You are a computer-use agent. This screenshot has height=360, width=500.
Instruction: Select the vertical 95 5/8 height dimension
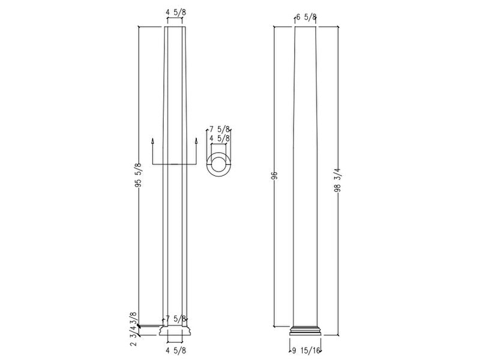(139, 176)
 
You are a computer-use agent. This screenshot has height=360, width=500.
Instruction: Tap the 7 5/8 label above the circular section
(220, 128)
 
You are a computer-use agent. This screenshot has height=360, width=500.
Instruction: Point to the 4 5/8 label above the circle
(220, 138)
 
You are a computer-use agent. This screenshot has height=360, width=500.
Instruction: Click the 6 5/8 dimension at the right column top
(306, 17)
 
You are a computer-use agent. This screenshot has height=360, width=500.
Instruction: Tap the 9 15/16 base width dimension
(306, 351)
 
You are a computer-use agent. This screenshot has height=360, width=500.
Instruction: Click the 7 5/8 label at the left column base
(176, 319)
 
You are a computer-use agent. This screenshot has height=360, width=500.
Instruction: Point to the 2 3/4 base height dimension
(134, 336)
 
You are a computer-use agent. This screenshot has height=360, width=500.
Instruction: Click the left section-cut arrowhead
(154, 142)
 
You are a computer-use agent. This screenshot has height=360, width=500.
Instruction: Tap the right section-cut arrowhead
(196, 142)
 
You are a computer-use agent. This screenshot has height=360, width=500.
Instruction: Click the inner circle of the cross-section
(219, 164)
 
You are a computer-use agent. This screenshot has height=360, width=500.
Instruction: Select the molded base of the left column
(175, 331)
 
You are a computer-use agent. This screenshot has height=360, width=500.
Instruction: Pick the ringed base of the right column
(306, 331)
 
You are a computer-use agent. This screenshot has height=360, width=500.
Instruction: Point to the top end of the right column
(306, 28)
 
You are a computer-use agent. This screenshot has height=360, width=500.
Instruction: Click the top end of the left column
(175, 28)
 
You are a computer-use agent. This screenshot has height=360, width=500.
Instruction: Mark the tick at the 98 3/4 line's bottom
(338, 335)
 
